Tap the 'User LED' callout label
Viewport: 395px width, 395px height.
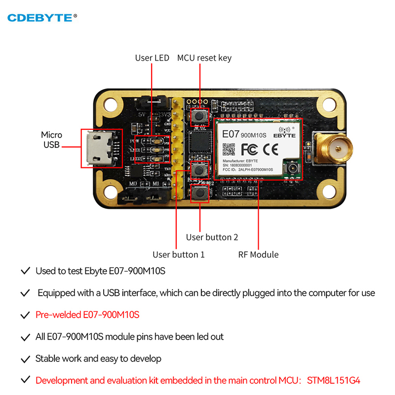[x=152, y=58]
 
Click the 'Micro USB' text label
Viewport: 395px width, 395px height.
[x=51, y=139]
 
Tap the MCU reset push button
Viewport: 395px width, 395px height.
[x=200, y=117]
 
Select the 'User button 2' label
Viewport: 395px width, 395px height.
[x=212, y=237]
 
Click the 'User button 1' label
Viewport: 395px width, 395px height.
[x=178, y=255]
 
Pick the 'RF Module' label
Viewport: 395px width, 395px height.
[x=258, y=255]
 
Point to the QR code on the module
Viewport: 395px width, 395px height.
[x=228, y=148]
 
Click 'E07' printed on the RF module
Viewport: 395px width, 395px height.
[x=231, y=134]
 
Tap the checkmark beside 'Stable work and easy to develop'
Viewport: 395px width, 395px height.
[x=24, y=358]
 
